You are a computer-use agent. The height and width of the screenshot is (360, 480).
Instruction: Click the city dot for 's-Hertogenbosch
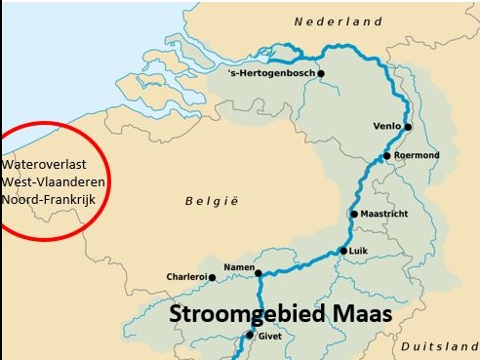click(320, 73)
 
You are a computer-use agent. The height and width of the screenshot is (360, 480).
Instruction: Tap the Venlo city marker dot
click(408, 127)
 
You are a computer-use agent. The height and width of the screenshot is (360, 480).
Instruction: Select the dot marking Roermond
click(387, 156)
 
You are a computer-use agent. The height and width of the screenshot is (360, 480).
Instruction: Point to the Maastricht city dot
click(354, 215)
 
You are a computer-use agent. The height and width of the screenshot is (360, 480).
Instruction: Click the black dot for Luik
click(342, 251)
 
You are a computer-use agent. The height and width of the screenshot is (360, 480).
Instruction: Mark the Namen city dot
click(259, 272)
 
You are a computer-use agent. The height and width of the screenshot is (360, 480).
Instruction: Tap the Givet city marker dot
click(250, 335)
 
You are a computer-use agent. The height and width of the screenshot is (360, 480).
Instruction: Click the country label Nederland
click(339, 21)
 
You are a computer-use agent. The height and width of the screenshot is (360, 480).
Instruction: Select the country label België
click(211, 201)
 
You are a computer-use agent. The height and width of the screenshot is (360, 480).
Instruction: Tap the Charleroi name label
click(185, 276)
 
